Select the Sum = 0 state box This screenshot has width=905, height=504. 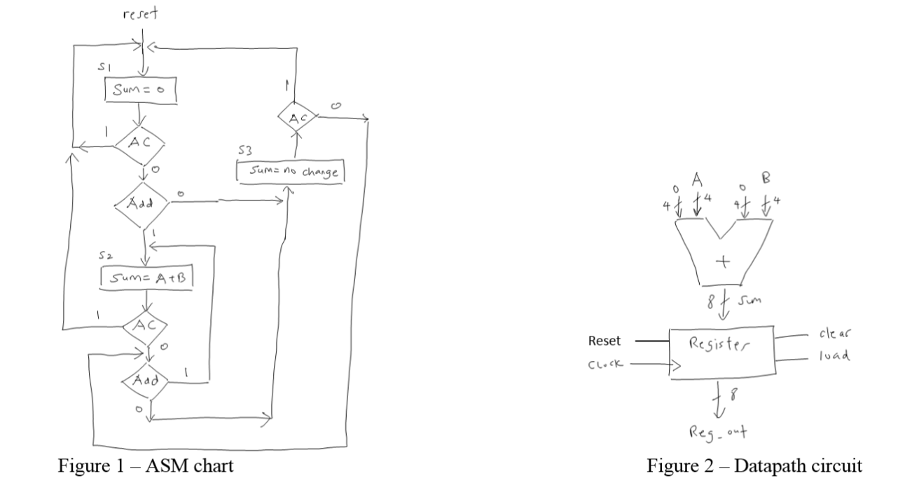139,90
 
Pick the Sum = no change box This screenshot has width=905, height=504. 291,172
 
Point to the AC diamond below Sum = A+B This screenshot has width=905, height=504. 145,325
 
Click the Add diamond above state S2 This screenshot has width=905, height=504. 142,205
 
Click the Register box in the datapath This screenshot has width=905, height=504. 720,353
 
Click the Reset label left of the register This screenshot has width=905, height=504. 603,342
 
